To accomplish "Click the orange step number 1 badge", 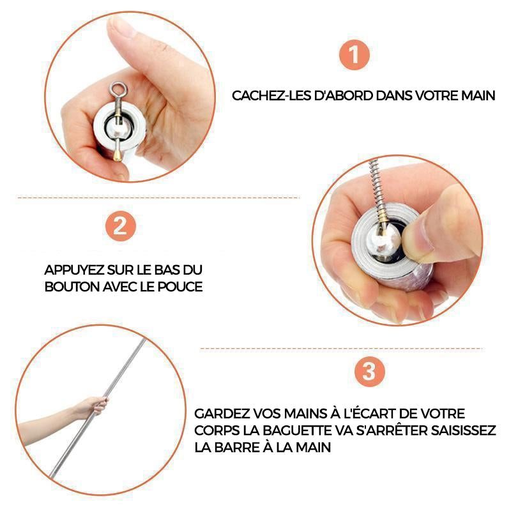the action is click(355, 55).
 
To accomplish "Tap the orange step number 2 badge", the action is click(120, 226).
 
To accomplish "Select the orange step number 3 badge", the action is click(370, 372).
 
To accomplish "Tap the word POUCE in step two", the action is click(180, 287).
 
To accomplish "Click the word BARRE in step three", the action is click(237, 448).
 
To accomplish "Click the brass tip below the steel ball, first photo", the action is click(118, 155).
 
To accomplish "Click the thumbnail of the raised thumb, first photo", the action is click(121, 27).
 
